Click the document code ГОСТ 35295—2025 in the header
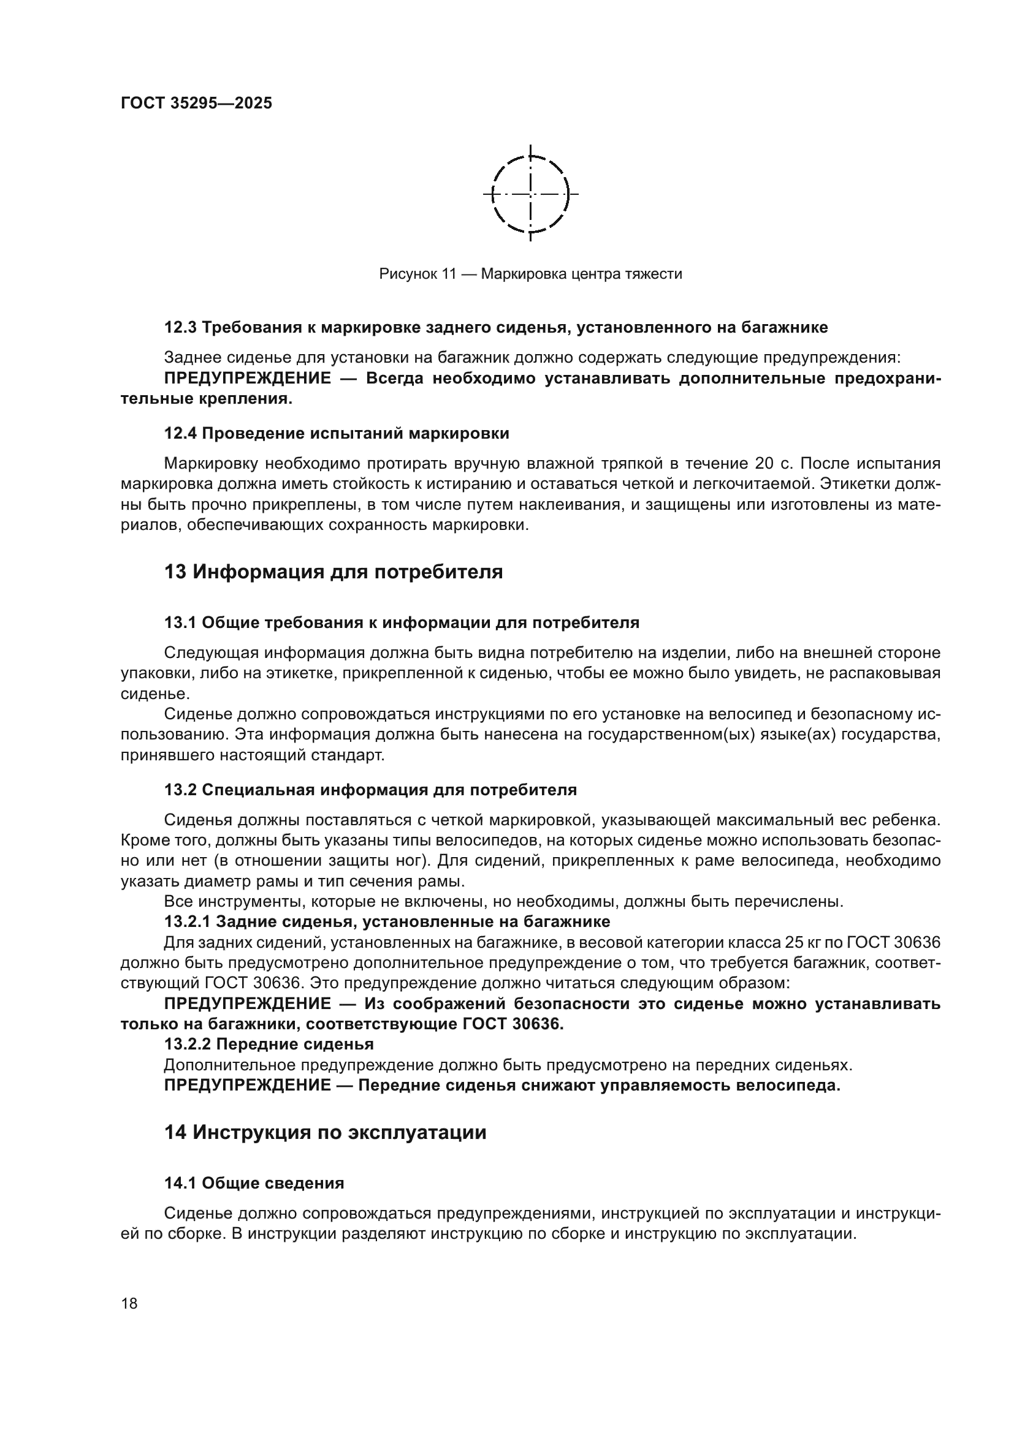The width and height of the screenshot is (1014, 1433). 196,104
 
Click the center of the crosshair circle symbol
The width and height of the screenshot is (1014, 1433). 530,194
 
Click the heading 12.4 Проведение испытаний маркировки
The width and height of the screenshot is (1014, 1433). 337,433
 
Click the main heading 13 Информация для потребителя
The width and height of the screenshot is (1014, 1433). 334,572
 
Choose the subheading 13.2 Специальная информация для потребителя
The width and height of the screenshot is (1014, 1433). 370,790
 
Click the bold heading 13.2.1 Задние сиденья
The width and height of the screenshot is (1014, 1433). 387,921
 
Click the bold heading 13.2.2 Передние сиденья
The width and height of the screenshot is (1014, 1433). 269,1043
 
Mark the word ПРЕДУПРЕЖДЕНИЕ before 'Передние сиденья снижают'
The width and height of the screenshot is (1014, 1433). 247,1085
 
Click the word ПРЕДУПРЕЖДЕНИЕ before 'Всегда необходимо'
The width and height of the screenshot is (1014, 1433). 247,378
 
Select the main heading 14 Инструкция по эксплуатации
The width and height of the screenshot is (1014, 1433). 326,1132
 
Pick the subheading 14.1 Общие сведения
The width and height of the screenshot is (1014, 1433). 254,1182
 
